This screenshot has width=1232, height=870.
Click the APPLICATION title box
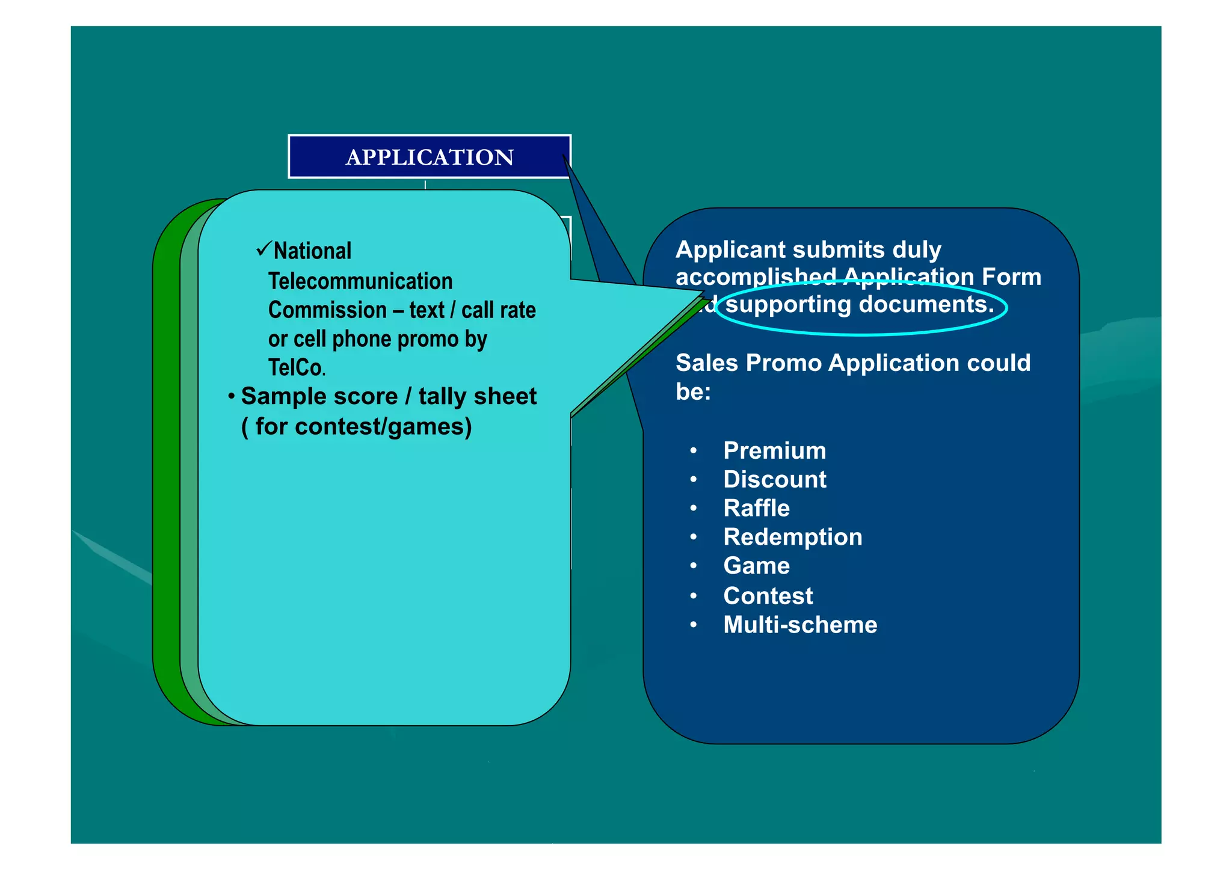point(430,157)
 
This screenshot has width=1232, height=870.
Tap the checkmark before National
point(263,249)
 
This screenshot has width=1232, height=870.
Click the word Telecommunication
point(360,281)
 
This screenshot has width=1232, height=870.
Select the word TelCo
point(296,367)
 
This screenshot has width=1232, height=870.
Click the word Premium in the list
point(774,451)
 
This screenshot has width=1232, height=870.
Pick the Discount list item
point(774,480)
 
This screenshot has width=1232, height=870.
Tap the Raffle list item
point(756,509)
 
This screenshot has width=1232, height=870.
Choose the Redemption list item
point(792,537)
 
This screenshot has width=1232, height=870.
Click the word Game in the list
point(756,566)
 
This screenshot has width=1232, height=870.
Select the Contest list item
point(768,596)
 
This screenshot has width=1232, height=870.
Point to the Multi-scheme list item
point(799,625)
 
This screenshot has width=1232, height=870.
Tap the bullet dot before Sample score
point(231,397)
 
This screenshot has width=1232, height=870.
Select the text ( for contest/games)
point(356,426)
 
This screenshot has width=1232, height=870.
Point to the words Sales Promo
point(748,363)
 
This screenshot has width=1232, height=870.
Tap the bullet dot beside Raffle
point(694,509)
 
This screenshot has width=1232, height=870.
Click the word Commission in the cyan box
point(327,310)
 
